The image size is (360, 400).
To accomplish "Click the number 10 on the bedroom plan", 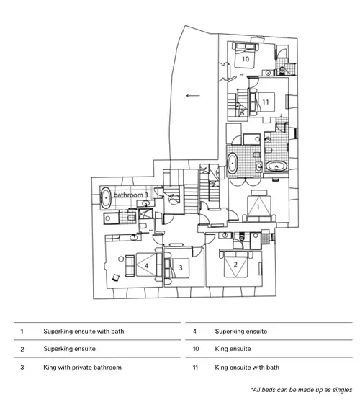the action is point(246,59).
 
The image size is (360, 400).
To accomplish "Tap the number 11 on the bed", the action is point(266,102).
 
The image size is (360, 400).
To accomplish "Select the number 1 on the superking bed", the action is point(258,206).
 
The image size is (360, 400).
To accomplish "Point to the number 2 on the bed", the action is point(235,265).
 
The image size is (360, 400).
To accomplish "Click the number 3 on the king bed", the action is point(181,268).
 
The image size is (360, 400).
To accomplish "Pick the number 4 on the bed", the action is point(146,266).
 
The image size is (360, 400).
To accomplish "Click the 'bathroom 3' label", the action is point(131,195).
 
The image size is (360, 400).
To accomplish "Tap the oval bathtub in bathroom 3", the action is point(106,198).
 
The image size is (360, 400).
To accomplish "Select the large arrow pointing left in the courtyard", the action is point(193,96).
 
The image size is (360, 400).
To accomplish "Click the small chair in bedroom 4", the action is point(116,277).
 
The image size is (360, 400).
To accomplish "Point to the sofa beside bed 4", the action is point(130,265).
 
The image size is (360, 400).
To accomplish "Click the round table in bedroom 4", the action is point(121,259).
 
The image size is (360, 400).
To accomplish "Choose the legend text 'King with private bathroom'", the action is point(82,368).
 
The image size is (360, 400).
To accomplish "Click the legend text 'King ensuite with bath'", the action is point(247,368).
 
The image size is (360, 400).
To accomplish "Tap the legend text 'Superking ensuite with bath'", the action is point(84,332).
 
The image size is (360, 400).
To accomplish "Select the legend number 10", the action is point(195,349).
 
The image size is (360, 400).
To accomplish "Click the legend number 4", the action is point(194,332).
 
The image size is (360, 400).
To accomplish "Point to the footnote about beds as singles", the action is point(302,390).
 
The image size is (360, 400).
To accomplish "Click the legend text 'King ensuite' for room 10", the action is point(233,349).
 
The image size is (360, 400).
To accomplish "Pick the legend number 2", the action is point(22,349).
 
